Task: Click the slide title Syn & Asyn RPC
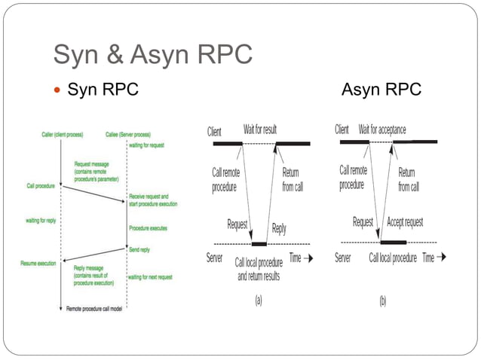click(x=153, y=54)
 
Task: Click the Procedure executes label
click(x=148, y=228)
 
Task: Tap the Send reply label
click(x=139, y=248)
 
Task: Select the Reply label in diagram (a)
click(x=278, y=227)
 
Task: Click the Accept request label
click(x=405, y=222)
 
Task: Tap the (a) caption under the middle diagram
click(x=259, y=300)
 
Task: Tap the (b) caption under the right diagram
click(x=383, y=300)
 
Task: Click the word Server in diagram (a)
click(x=215, y=258)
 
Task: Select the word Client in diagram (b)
click(x=342, y=130)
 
